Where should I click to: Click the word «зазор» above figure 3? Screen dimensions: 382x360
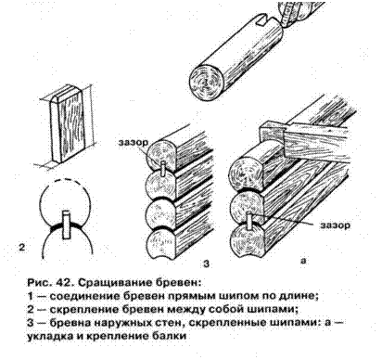click(134, 142)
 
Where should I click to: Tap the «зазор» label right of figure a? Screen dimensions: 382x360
click(336, 225)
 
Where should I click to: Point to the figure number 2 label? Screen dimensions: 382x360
click(22, 248)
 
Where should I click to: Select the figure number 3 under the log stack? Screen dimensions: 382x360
click(207, 264)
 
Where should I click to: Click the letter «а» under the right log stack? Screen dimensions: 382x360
click(303, 261)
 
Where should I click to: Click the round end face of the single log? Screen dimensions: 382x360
click(206, 82)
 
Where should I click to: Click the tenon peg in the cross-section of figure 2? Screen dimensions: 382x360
click(67, 225)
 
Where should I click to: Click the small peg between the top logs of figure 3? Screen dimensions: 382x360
click(163, 170)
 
